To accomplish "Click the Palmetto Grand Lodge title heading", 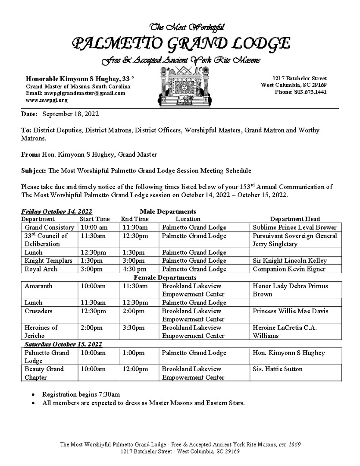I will click(x=181, y=44).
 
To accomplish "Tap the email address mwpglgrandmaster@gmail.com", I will click(x=75, y=93).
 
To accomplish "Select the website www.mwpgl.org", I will click(x=47, y=100).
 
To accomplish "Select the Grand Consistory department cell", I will click(x=50, y=227).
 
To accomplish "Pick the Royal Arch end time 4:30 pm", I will click(x=135, y=269).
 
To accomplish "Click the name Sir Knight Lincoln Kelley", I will click(x=290, y=261).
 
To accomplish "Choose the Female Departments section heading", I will click(x=165, y=277).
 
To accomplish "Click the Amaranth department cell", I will click(x=38, y=286).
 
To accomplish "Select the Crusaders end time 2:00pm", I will click(x=134, y=311).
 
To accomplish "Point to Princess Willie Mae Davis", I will click(x=291, y=311).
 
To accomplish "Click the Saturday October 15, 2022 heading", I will click(x=63, y=344).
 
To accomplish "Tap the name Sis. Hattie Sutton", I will click(x=278, y=369).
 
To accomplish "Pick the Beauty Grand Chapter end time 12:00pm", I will click(x=135, y=369).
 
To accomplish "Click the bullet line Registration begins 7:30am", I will click(x=81, y=394).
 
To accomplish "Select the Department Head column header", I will click(x=295, y=219).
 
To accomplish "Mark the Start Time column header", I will click(x=95, y=219).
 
